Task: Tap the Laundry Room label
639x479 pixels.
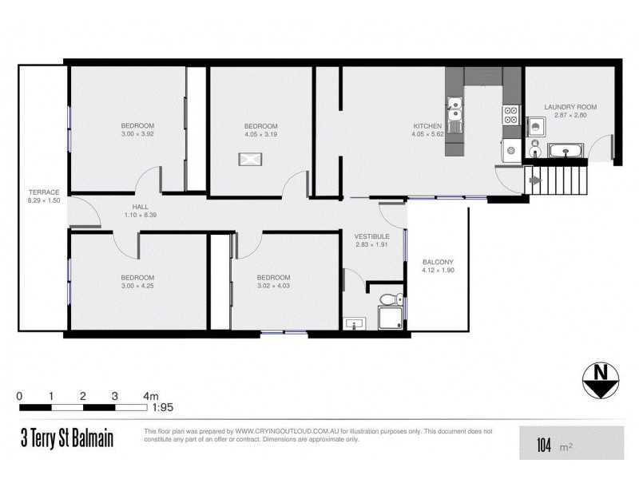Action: (x=570, y=107)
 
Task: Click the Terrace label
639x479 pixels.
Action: (x=44, y=191)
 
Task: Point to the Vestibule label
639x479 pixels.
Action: (x=372, y=237)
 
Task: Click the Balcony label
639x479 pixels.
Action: (x=437, y=262)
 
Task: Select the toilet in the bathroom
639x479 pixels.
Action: (x=391, y=300)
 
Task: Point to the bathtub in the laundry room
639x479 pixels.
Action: (x=566, y=149)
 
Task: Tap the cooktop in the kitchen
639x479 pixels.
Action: (x=511, y=115)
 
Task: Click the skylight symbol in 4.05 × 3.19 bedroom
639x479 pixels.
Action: (x=250, y=159)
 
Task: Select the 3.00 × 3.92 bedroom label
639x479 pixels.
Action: (x=137, y=125)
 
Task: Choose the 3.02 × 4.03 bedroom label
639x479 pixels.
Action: (x=273, y=277)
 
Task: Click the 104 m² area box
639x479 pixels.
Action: (x=571, y=442)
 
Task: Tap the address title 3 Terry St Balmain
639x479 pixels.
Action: (x=68, y=440)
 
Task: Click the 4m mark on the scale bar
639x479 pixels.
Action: (x=149, y=396)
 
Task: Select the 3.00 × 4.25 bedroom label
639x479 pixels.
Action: (x=137, y=277)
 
